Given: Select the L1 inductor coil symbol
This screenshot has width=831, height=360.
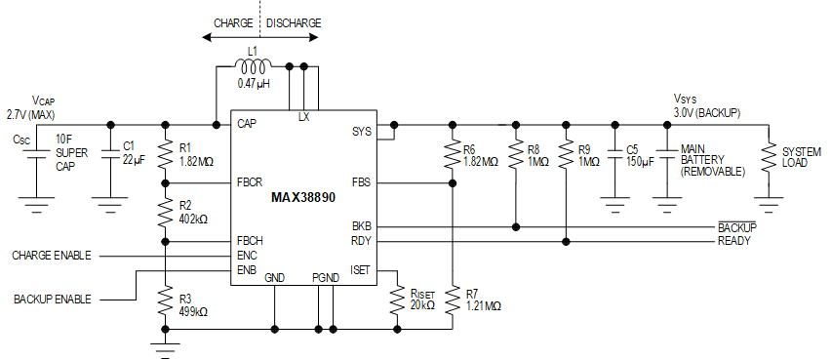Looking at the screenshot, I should coord(254,66).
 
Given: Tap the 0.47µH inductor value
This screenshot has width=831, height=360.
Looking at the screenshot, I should coord(253,84).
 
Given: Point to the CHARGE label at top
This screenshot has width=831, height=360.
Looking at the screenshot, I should coord(233,22).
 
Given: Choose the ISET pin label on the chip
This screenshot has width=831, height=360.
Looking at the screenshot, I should coord(360,270).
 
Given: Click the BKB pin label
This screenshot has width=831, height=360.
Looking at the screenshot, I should coord(361,226).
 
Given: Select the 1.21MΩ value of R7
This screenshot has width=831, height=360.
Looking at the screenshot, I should coord(483,305).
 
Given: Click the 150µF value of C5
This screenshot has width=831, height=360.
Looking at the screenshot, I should coord(640,162).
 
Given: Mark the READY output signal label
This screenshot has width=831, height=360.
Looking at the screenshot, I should coord(734,241).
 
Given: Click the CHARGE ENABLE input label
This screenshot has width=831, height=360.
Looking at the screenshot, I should coord(52,255).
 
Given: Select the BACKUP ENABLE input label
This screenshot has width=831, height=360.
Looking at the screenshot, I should coord(52,298).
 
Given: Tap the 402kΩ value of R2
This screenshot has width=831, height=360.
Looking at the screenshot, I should coord(194,219).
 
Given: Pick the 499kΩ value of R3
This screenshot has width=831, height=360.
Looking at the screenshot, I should coord(194,311).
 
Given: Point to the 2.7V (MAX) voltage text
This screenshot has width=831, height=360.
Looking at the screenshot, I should coord(29,114).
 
